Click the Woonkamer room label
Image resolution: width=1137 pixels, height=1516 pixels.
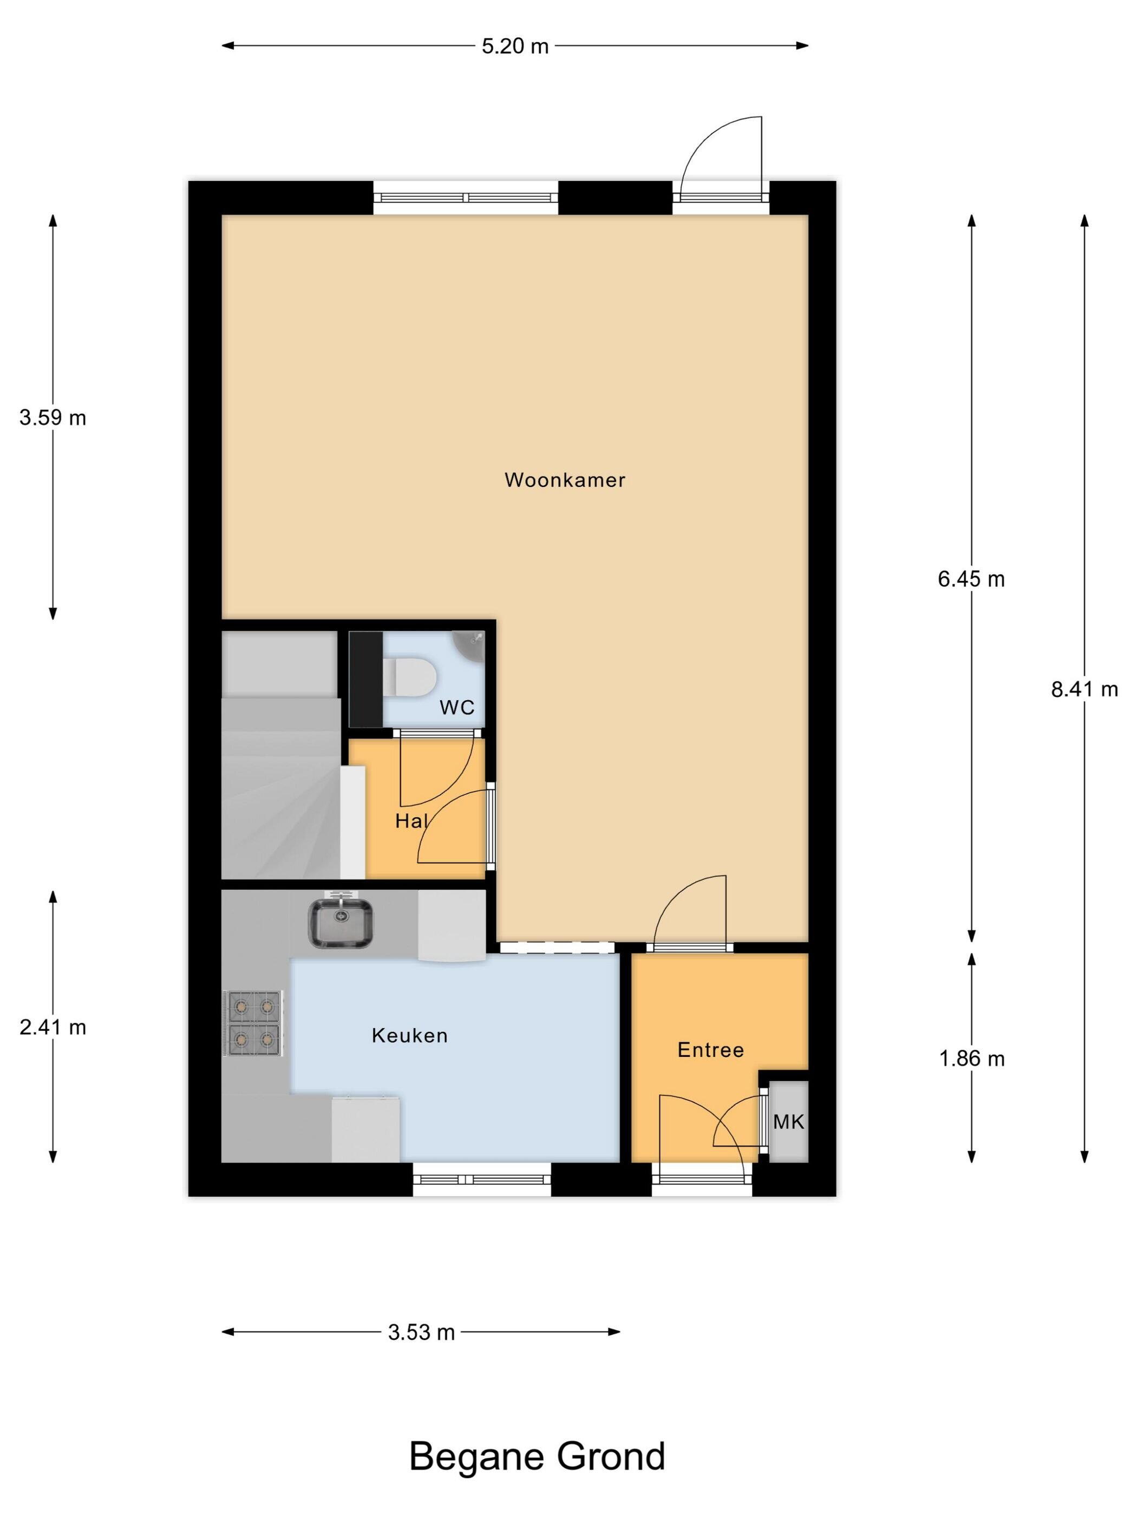pyautogui.click(x=565, y=480)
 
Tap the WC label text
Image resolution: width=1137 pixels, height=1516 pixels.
pyautogui.click(x=457, y=707)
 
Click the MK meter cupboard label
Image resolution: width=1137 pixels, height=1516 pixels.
pyautogui.click(x=788, y=1121)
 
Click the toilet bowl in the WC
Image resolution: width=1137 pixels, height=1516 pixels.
pyautogui.click(x=409, y=678)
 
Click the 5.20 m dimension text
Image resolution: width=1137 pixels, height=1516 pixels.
pyautogui.click(x=515, y=46)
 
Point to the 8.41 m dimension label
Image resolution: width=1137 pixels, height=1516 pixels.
pyautogui.click(x=1084, y=689)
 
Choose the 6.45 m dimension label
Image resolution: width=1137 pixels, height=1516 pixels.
pyautogui.click(x=971, y=579)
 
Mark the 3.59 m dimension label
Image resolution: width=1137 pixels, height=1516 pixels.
pyautogui.click(x=53, y=417)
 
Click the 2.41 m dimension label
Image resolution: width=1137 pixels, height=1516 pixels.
pyautogui.click(x=53, y=1027)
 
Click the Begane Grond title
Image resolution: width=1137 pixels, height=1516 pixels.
pyautogui.click(x=537, y=1456)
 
